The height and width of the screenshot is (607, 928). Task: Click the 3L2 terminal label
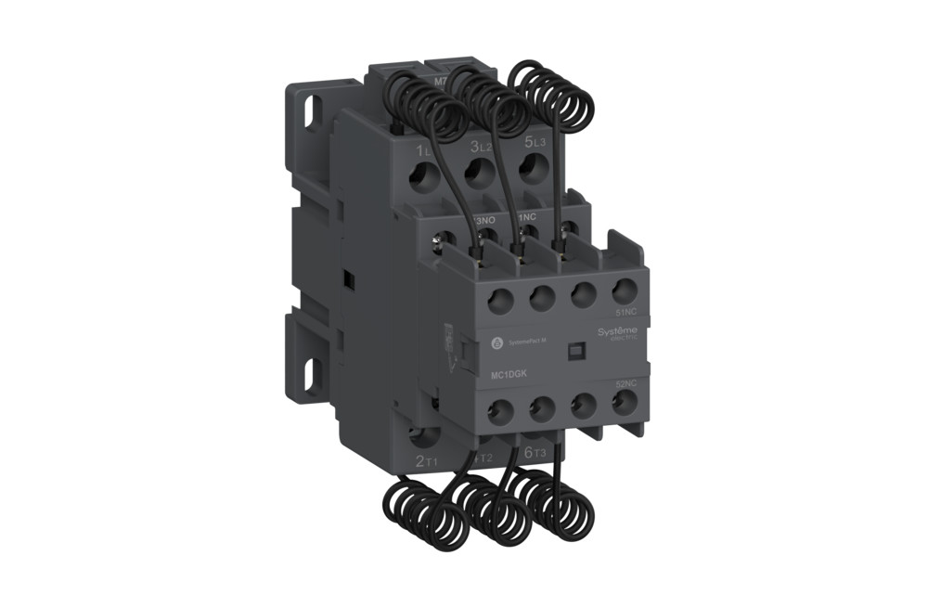[480, 146]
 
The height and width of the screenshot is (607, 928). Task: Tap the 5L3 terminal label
[535, 143]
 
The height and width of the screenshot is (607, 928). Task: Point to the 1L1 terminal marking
[424, 150]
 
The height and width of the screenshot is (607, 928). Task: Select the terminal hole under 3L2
[477, 174]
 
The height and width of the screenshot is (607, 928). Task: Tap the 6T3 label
[535, 452]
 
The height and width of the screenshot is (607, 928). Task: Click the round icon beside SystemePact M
[495, 342]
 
